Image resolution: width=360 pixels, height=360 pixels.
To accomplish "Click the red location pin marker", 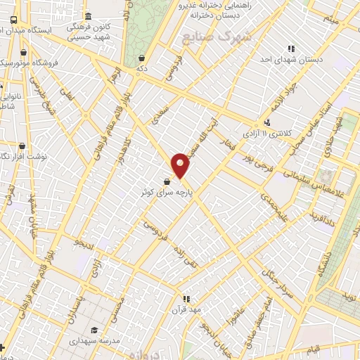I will tap(181, 166).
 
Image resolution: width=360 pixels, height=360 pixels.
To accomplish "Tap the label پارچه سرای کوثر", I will tap(164, 192).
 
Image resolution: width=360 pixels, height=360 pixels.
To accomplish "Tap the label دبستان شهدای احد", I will tap(291, 59).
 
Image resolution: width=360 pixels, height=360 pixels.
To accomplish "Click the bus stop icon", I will tap(14, 20).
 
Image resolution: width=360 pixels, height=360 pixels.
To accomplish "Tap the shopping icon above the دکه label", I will tap(142, 58).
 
